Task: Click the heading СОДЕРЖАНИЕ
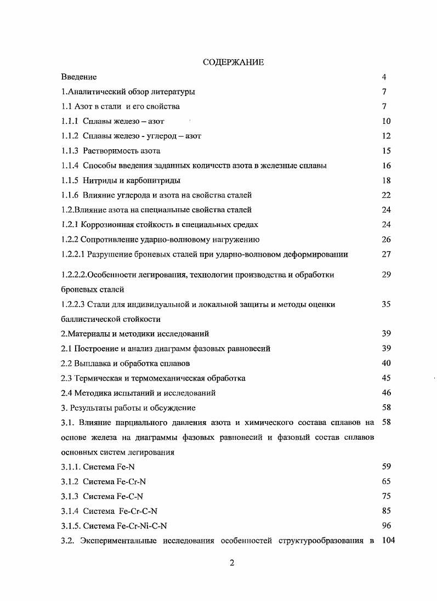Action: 233,63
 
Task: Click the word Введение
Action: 79,77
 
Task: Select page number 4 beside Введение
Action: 384,77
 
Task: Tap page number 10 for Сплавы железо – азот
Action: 386,121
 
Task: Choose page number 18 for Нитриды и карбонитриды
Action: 386,180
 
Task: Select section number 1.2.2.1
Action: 75,254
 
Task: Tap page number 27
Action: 386,254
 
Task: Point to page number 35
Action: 386,304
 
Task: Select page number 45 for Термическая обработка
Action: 386,378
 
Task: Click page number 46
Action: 386,393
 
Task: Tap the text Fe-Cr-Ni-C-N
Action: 139,526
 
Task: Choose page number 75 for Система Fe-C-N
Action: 386,496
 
